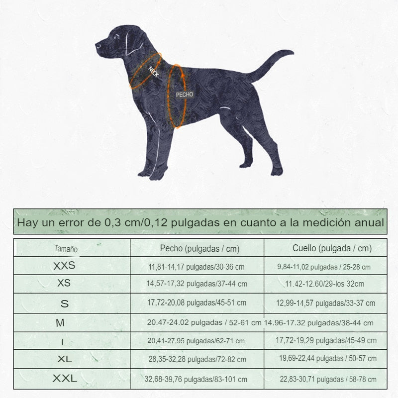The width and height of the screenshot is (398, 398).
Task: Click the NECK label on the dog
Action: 154,72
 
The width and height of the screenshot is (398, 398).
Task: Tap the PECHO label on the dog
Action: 185,95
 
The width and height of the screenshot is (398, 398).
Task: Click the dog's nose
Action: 97,46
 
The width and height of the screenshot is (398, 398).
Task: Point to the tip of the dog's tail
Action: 293,53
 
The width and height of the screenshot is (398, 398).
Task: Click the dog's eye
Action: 116,36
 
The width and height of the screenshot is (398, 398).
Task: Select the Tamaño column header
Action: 66,249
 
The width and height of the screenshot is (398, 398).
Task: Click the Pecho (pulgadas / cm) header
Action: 200,249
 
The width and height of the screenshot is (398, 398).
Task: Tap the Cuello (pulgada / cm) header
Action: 332,248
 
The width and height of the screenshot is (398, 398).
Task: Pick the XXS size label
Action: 64,266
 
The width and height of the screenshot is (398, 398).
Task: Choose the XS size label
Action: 64,283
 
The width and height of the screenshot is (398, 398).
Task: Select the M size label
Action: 60,323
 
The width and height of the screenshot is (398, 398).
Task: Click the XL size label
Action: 65,359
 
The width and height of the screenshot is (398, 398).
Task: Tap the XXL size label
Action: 65,379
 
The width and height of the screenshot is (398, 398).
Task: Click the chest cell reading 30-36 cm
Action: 197,267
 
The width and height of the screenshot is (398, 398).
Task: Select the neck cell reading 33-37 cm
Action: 326,303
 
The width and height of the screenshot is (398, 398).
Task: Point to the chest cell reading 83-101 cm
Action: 196,379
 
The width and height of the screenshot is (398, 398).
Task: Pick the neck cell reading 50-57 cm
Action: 328,358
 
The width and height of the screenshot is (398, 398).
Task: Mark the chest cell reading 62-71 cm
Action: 196,341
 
